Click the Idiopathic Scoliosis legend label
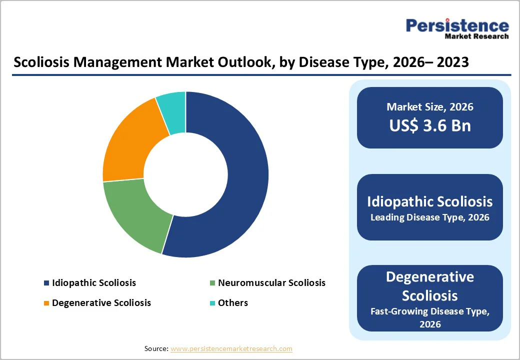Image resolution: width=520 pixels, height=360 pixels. click(93, 283)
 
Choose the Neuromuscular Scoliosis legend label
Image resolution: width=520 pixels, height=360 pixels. click(271, 283)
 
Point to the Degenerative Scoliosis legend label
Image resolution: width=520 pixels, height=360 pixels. click(101, 303)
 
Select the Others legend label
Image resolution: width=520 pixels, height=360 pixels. click(232, 303)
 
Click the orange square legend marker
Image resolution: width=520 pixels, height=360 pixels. click(46, 303)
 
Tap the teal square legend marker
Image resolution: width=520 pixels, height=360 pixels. click(212, 303)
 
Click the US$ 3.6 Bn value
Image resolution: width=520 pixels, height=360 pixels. click(430, 125)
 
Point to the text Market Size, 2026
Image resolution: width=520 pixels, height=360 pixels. click(430, 107)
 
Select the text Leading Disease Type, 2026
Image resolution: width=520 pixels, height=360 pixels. click(430, 217)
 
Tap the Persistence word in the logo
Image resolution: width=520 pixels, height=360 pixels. click(457, 25)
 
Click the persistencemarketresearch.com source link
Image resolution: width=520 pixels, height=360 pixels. click(231, 348)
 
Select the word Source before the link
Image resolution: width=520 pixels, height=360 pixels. click(155, 348)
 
